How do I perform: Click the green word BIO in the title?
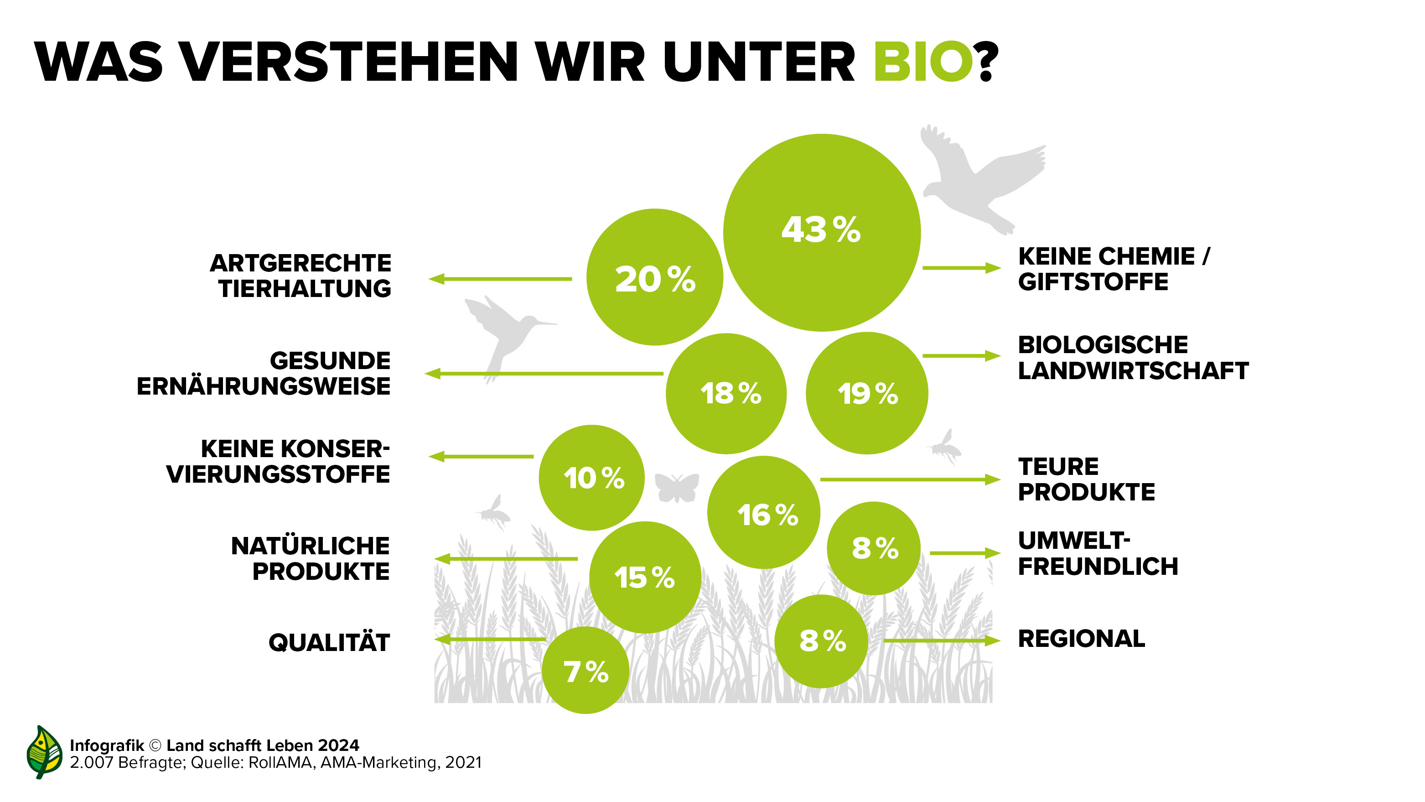click(922, 62)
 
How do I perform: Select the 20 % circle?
click(654, 277)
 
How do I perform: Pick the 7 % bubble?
click(585, 670)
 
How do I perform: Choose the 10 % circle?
click(591, 477)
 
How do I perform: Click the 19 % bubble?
click(867, 393)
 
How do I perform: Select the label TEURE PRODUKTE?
click(1086, 479)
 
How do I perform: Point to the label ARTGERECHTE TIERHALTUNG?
click(301, 276)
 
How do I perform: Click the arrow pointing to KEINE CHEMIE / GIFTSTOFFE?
click(961, 268)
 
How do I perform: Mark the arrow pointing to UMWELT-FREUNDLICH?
click(965, 552)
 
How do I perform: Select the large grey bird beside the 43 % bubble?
click(976, 177)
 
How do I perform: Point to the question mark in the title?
click(987, 62)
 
